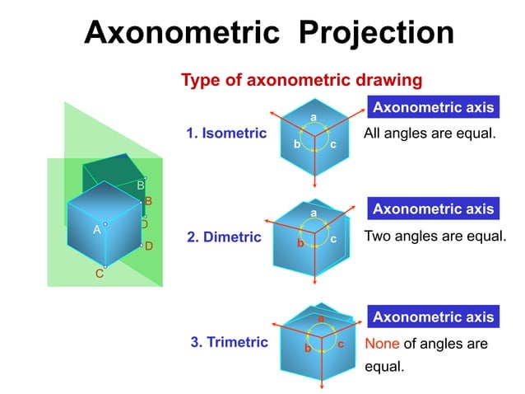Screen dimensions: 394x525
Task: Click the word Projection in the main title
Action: pyautogui.click(x=376, y=33)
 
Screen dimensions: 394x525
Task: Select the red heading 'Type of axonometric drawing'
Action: pyautogui.click(x=301, y=80)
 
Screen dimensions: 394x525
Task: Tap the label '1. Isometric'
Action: pyautogui.click(x=226, y=133)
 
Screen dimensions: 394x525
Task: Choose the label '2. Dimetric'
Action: pyautogui.click(x=224, y=237)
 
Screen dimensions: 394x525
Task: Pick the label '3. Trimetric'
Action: pyautogui.click(x=229, y=342)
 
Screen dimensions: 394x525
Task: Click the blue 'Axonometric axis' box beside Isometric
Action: pyautogui.click(x=433, y=107)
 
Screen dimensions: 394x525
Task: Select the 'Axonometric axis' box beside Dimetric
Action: pyautogui.click(x=433, y=209)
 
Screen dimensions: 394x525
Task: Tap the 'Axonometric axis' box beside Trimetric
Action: pyautogui.click(x=433, y=317)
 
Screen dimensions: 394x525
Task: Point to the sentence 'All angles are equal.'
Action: pyautogui.click(x=430, y=133)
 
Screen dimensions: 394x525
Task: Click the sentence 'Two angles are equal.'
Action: pyautogui.click(x=434, y=235)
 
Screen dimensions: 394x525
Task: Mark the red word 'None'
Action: pyautogui.click(x=381, y=344)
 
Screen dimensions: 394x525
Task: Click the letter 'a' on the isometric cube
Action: pyautogui.click(x=314, y=118)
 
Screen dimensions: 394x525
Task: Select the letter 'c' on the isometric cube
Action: pyautogui.click(x=332, y=144)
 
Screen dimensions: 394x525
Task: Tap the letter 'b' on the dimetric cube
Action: pyautogui.click(x=300, y=244)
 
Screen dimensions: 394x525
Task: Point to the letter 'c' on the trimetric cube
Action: pyautogui.click(x=340, y=344)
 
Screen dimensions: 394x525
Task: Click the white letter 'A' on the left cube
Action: pyautogui.click(x=96, y=230)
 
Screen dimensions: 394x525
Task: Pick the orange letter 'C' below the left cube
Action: pyautogui.click(x=99, y=274)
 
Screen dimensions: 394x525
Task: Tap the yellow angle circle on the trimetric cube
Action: pyautogui.click(x=318, y=338)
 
